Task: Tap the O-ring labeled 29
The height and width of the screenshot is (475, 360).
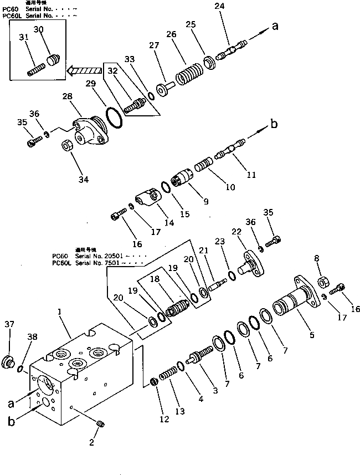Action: (114, 119)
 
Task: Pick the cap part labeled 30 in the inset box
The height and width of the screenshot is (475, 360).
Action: (53, 59)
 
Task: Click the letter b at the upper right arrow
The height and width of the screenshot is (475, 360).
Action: (273, 124)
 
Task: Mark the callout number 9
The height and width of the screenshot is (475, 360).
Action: (205, 202)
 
